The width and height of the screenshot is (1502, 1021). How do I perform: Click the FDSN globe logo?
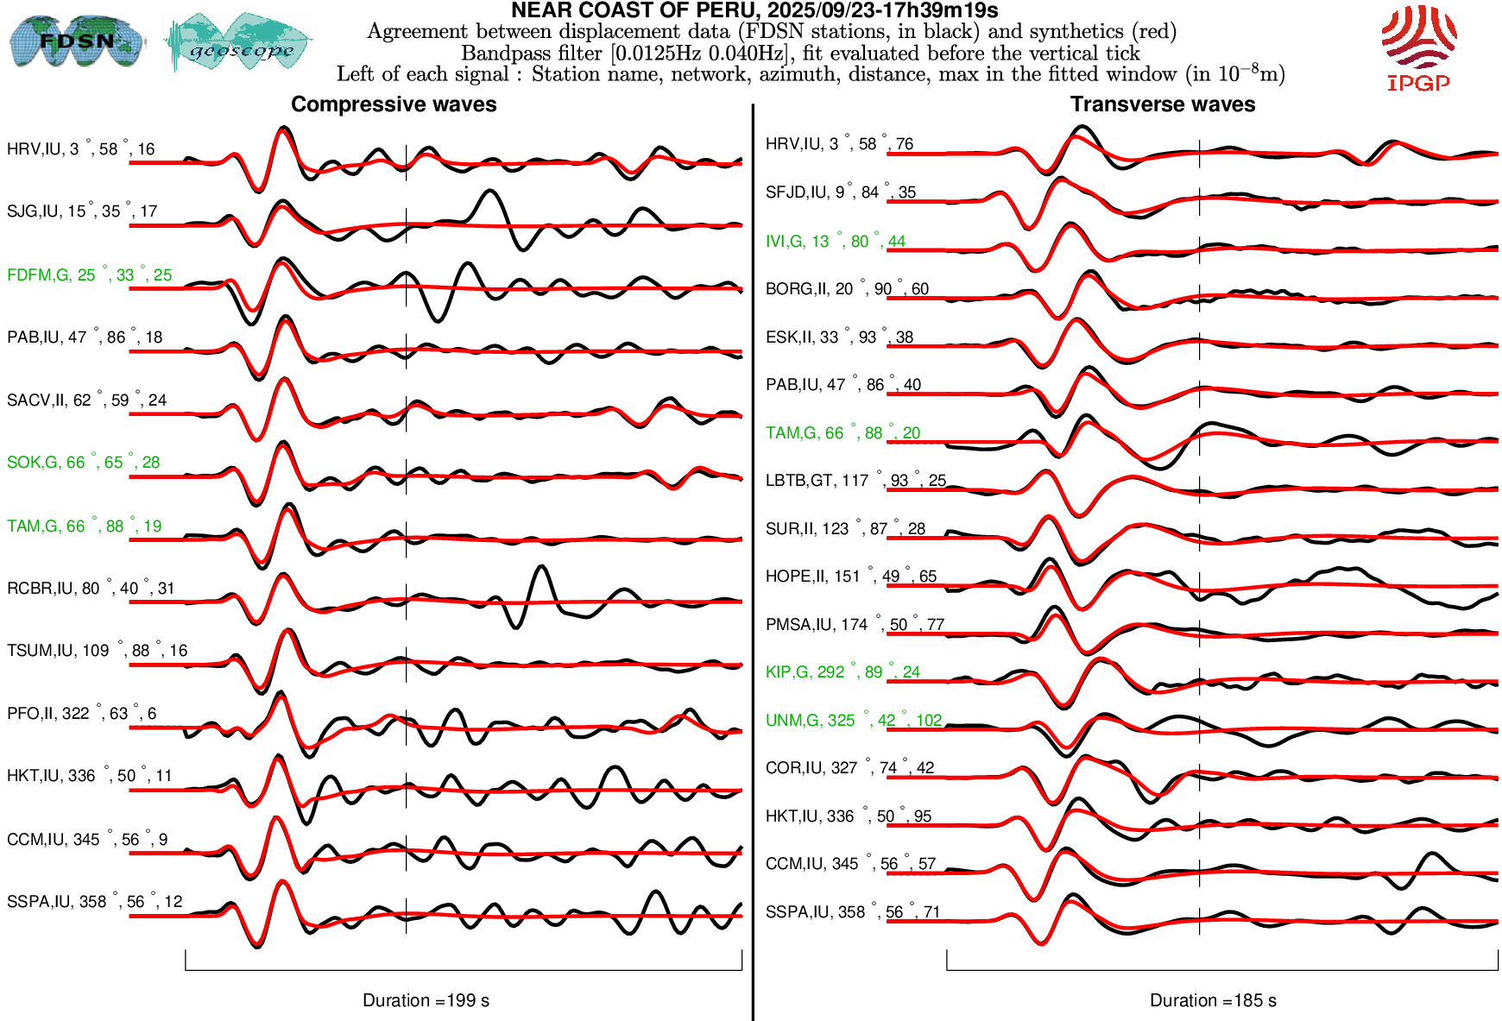pos(76,41)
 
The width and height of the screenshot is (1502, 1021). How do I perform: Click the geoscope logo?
pos(238,41)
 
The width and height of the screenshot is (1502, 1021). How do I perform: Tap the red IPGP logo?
pos(1418,47)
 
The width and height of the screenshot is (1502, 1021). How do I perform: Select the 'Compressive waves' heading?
pos(394,104)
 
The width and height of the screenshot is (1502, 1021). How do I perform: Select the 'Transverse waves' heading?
pos(1163,104)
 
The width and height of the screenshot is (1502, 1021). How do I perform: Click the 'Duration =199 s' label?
pos(426,1000)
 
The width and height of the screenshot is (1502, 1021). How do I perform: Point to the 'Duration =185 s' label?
pos(1213,1000)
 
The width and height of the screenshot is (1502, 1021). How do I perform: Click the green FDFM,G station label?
pos(89,274)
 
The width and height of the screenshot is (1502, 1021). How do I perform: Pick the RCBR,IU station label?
pos(91,588)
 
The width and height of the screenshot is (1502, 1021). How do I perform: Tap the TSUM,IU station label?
pos(97,650)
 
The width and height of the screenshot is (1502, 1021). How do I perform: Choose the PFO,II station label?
pos(81,713)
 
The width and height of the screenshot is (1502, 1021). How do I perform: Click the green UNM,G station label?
pos(853,720)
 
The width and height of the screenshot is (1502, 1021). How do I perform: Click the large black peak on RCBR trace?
pos(540,569)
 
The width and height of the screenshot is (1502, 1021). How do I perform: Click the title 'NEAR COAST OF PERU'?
pos(754,10)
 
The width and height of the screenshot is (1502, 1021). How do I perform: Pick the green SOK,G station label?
pos(83,462)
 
